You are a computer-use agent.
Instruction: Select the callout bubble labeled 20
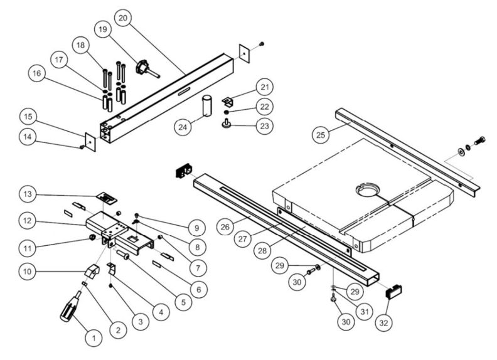pos(122,18)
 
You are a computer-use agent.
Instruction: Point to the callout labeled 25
pos(322,134)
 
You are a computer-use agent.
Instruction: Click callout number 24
pos(183,127)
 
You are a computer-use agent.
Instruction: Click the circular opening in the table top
pos(366,189)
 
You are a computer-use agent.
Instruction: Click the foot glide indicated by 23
pos(228,125)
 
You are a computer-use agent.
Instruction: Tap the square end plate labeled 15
pos(90,141)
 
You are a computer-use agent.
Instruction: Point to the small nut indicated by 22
pos(228,112)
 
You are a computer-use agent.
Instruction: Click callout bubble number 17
pos(59,60)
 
